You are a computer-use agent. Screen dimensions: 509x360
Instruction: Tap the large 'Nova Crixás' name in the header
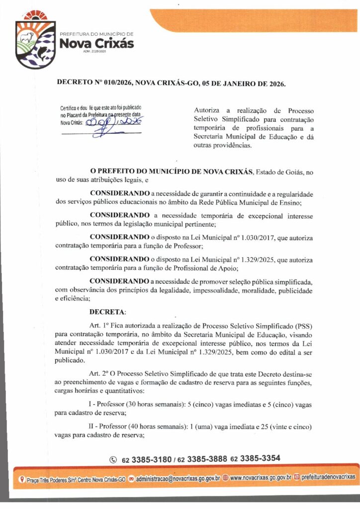tap(96, 44)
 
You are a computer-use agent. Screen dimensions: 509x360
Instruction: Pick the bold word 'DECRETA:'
tap(108, 312)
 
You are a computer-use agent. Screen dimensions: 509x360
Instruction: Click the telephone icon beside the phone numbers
tap(113, 459)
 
